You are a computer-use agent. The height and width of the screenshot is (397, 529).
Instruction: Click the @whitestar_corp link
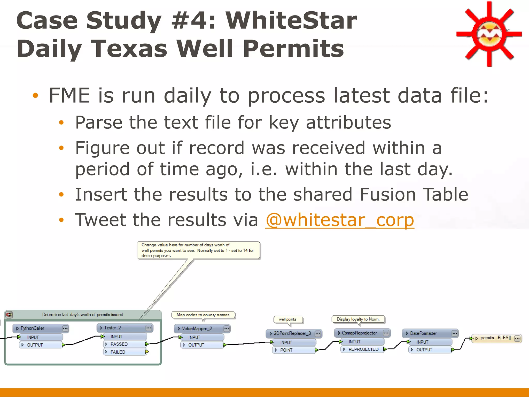(x=340, y=220)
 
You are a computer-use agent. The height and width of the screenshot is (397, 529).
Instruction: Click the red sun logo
(x=489, y=34)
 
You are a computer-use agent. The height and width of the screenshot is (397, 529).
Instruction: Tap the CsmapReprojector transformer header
(x=359, y=333)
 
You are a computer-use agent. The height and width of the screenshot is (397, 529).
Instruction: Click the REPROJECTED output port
(x=363, y=349)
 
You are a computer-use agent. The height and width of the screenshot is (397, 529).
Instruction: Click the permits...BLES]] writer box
(x=495, y=338)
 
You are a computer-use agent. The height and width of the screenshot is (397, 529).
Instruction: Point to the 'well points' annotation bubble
(x=287, y=319)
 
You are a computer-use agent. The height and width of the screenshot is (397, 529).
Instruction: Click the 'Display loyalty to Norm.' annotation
(x=358, y=319)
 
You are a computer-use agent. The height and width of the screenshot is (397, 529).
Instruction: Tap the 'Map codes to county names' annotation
(x=203, y=315)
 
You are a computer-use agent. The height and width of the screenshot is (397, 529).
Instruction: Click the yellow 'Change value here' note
(x=198, y=250)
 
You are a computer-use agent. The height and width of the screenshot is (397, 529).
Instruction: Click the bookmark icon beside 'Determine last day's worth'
(x=9, y=315)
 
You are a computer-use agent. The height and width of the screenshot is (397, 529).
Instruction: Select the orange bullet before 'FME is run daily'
(x=35, y=95)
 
